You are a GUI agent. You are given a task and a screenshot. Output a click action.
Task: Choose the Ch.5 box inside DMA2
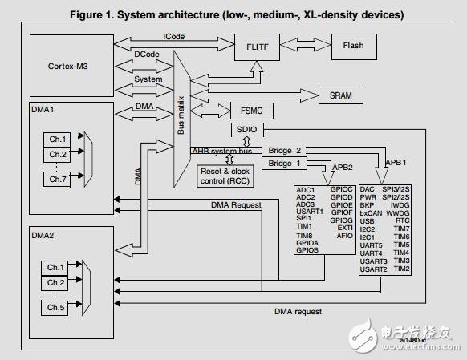point(56,307)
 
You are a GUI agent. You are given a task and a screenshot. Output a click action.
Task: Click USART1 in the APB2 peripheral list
point(311,210)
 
